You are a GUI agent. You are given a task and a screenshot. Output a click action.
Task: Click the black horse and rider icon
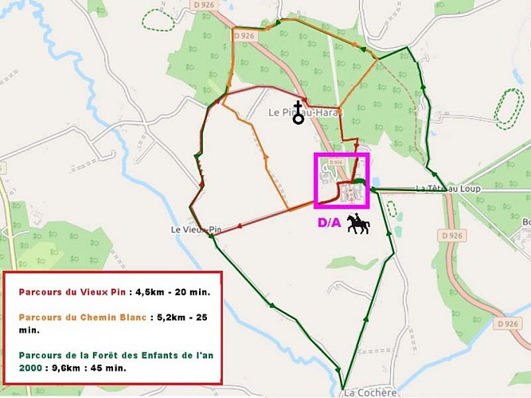(x=358, y=224)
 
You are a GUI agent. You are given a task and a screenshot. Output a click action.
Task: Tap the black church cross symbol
(x=299, y=112)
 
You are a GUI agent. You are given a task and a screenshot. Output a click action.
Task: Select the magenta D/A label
(x=329, y=223)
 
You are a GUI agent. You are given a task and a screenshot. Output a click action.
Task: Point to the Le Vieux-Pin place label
(x=195, y=229)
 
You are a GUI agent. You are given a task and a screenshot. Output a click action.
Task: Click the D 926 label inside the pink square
(x=335, y=162)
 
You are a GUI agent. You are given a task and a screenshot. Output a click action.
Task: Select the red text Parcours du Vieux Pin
(x=69, y=291)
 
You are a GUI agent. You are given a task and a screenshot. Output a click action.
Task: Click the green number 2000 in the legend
(x=32, y=368)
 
